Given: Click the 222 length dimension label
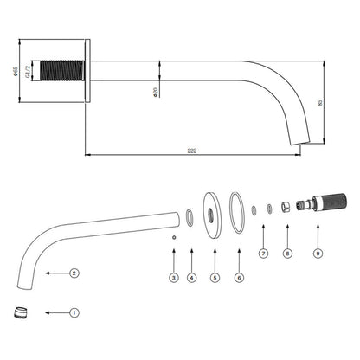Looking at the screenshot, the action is [x=192, y=151].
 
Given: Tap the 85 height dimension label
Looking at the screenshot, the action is [x=319, y=103].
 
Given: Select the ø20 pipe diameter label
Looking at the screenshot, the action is [x=156, y=92].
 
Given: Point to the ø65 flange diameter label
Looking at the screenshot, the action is [x=16, y=71].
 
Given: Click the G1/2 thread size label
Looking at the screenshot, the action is [x=28, y=71].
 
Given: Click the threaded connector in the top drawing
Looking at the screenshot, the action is [x=62, y=71].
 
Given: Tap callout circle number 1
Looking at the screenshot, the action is [x=74, y=312].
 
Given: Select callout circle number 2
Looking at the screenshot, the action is [x=74, y=273].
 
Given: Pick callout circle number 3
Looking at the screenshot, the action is [x=174, y=278].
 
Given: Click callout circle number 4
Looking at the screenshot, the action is [x=191, y=278].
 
